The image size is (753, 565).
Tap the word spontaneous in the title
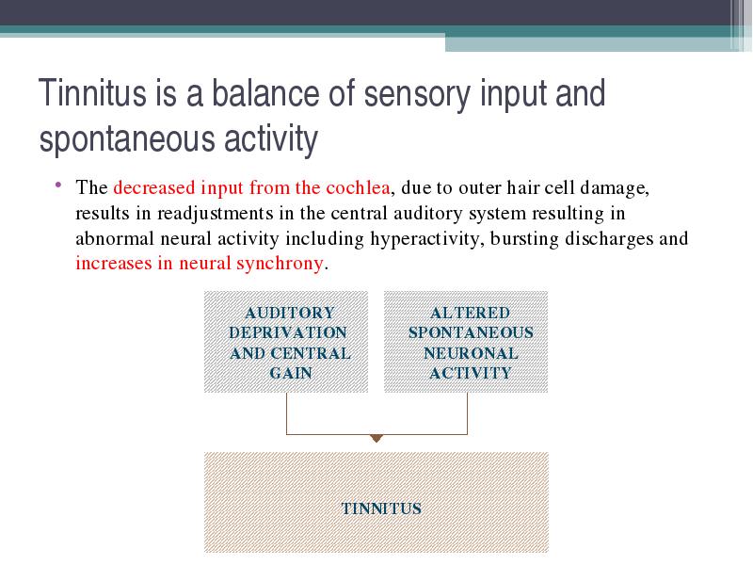pyautogui.click(x=128, y=139)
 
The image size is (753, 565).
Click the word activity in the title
pyautogui.click(x=271, y=139)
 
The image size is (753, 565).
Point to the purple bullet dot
pyautogui.click(x=58, y=185)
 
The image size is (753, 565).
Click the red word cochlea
pyautogui.click(x=358, y=187)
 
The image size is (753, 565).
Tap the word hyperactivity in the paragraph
pyautogui.click(x=426, y=239)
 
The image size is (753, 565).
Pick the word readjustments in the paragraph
pyautogui.click(x=216, y=214)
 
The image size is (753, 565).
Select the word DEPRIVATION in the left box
pyautogui.click(x=288, y=332)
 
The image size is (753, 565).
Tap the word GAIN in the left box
pyautogui.click(x=291, y=373)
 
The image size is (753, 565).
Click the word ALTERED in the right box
pyautogui.click(x=470, y=313)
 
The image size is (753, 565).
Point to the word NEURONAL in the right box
pyautogui.click(x=471, y=353)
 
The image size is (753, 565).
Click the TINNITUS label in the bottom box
pyautogui.click(x=381, y=508)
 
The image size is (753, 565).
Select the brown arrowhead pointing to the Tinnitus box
pyautogui.click(x=376, y=438)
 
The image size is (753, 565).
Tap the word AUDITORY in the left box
pyautogui.click(x=290, y=313)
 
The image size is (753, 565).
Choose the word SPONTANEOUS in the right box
pyautogui.click(x=471, y=332)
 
